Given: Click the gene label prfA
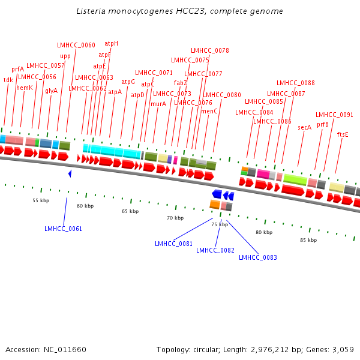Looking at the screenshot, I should click(18, 69).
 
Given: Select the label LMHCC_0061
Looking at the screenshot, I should click(63, 229).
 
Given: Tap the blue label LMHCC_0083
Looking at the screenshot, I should click(258, 257).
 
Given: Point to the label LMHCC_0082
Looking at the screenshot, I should click(215, 250).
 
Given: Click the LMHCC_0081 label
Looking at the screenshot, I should click(173, 244).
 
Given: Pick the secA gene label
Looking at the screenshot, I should click(305, 127).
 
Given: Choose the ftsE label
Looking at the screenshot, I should click(343, 134).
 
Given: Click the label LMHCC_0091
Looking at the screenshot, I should click(335, 115).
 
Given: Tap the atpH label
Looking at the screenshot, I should click(112, 43).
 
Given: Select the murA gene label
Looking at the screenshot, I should click(158, 104).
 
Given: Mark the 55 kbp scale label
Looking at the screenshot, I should click(41, 200).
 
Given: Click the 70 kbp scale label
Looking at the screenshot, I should click(175, 218).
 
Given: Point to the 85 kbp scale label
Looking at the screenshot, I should click(308, 240).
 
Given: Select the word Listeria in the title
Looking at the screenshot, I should click(91, 11).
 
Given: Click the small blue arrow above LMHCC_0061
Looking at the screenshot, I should click(70, 173).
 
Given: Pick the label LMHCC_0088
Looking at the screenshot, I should click(296, 83).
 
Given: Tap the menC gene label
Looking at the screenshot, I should click(209, 111).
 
